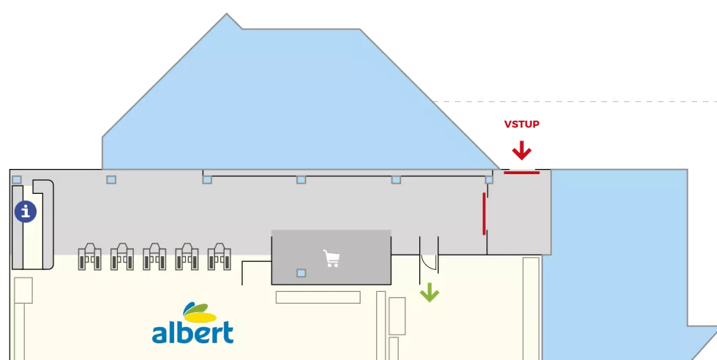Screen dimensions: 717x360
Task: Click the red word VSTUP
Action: pos(522,124)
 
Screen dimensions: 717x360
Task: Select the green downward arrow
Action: pos(429,292)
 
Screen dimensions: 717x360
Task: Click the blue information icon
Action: pos(26,211)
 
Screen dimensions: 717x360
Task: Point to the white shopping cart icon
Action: pos(331,258)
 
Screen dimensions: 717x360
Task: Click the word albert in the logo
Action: pos(193,332)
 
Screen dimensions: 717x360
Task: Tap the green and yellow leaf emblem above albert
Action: pos(199,312)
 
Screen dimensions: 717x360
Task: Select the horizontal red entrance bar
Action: pos(522,173)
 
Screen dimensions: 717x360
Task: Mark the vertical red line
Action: pos(484,214)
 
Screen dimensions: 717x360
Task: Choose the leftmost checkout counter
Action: pos(89,257)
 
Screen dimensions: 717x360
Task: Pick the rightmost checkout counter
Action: pos(219,257)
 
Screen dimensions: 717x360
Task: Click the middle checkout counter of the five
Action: pos(154,257)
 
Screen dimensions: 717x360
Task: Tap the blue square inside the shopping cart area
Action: pos(301,273)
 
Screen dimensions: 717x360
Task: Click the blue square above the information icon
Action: pos(17,180)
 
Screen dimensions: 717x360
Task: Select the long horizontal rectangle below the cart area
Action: pos(318,297)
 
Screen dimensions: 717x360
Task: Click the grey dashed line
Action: pos(574,102)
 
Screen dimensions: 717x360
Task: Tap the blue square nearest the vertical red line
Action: pos(489,180)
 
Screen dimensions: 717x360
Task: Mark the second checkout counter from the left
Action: pos(122,257)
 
